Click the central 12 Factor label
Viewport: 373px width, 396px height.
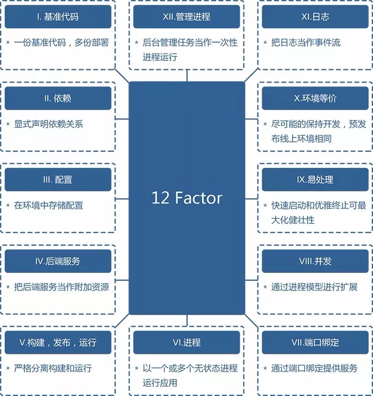coord(186,198)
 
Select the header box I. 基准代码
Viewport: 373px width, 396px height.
coord(58,17)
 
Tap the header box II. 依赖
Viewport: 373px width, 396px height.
coord(58,98)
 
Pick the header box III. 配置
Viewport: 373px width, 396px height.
coord(58,180)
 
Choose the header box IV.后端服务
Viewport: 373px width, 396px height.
coord(58,261)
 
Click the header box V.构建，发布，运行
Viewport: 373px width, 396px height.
coord(58,343)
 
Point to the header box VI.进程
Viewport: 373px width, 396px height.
coord(186,343)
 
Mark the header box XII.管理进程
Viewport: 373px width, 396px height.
coord(186,17)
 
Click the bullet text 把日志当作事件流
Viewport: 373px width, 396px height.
coord(305,43)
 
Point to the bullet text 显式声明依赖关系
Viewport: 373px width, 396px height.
coord(48,124)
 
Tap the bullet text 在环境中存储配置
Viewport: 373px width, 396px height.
coord(48,206)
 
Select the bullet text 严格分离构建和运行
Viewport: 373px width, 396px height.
coord(53,368)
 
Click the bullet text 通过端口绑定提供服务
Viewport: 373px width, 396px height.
coord(314,368)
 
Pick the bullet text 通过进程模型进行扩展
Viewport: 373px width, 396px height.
coord(314,287)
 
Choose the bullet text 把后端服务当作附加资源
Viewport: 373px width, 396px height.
coord(61,287)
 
